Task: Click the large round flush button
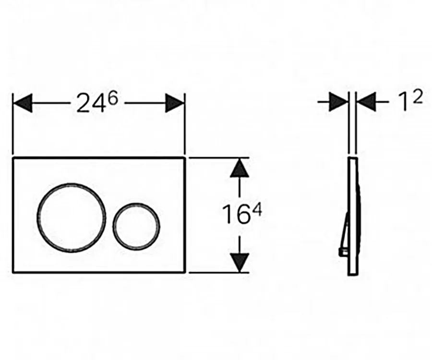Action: pos(38,217)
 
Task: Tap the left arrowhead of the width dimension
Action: pos(23,103)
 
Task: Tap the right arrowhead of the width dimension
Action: pos(175,103)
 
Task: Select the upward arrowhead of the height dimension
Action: pos(239,168)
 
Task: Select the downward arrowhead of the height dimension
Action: pos(239,263)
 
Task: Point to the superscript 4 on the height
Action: pos(256,210)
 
